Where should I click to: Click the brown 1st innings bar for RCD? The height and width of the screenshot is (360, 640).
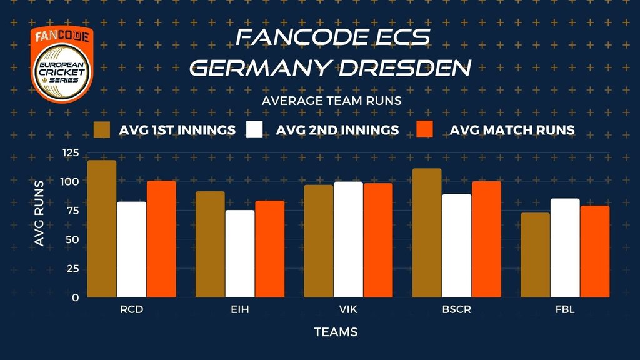(x=102, y=229)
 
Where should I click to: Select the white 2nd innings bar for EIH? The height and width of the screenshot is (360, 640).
(x=240, y=254)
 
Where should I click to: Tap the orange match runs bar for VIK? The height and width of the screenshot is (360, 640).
(x=378, y=240)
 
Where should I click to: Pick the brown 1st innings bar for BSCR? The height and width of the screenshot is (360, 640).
(x=427, y=232)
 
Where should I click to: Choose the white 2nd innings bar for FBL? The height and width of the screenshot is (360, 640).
(x=565, y=247)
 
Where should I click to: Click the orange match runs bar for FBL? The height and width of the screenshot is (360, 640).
(x=595, y=251)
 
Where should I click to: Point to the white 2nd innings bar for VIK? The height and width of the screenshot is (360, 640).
(x=348, y=239)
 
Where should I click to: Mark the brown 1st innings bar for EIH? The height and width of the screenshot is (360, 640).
(x=210, y=244)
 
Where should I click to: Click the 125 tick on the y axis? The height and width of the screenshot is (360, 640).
(x=71, y=152)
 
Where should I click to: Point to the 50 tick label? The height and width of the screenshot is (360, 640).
(x=72, y=239)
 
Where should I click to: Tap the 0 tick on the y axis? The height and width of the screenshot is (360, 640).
(x=76, y=297)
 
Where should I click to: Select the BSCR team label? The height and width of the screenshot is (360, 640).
(x=457, y=309)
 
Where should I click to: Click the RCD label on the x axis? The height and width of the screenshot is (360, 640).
(x=132, y=309)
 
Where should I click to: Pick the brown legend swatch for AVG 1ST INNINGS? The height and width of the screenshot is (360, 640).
(x=102, y=130)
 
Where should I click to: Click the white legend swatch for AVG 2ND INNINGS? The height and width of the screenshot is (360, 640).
(x=255, y=129)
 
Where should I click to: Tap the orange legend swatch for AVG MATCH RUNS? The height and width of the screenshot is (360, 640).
(x=424, y=129)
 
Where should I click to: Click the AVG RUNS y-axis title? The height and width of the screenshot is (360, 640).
(x=39, y=214)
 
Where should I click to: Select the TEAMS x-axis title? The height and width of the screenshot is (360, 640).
(x=336, y=332)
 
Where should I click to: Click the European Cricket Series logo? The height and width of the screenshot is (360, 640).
(x=62, y=64)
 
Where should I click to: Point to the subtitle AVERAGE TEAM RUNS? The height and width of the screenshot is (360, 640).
(x=332, y=101)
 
